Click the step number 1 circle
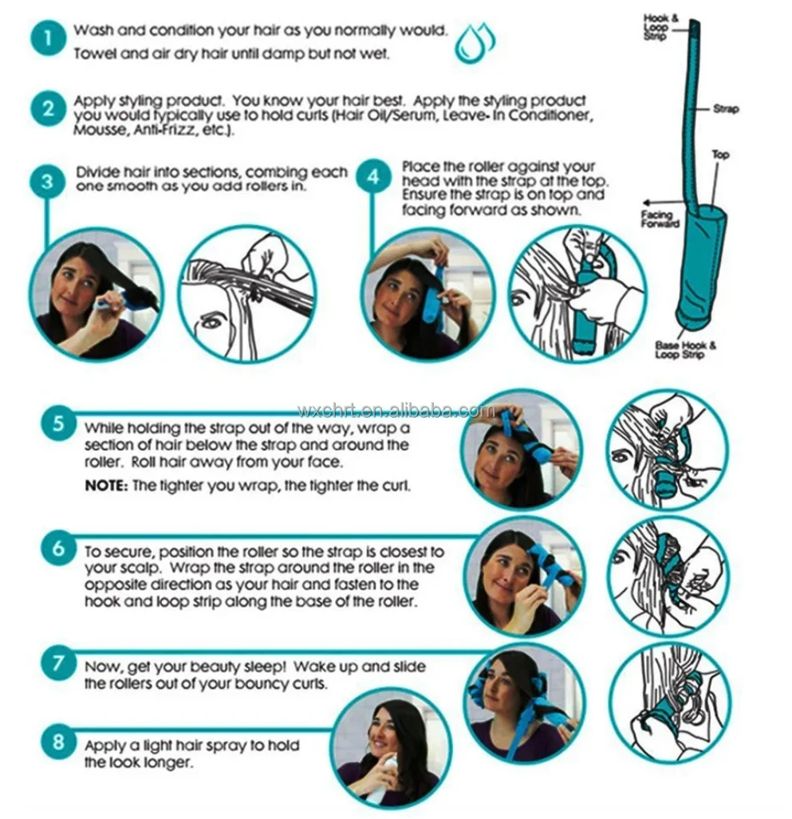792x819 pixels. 48,38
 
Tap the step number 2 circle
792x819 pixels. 48,108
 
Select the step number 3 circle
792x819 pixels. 47,181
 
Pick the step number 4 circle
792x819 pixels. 373,176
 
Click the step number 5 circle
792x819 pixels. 58,423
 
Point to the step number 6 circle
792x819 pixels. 58,549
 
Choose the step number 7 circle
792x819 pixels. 58,663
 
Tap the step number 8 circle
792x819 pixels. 58,742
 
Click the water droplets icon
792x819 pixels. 475,43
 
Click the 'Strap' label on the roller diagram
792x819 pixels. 726,108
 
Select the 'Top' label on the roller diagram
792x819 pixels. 720,154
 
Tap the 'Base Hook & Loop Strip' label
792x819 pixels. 685,350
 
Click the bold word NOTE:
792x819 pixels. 106,486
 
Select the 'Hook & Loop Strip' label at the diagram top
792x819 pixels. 656,27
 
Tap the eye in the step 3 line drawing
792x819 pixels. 211,322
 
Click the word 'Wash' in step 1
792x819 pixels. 93,30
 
